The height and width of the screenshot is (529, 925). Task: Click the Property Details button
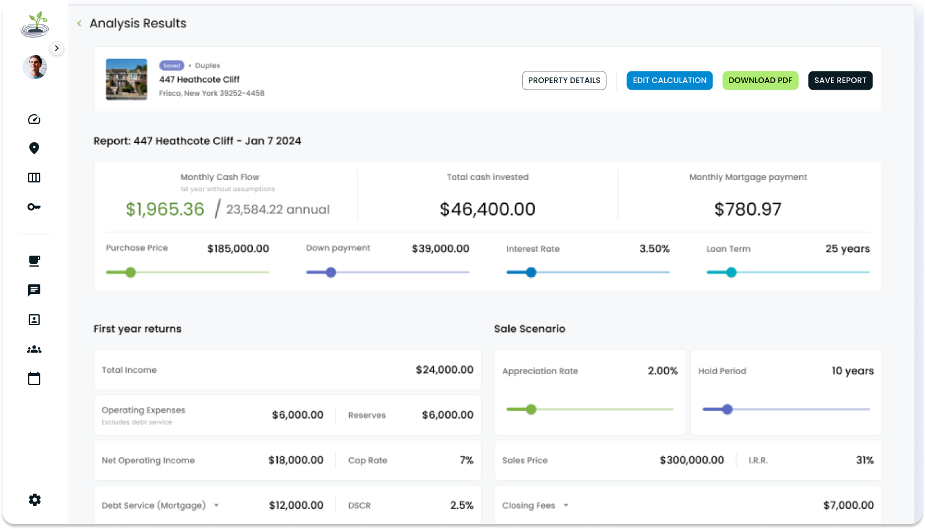(x=564, y=81)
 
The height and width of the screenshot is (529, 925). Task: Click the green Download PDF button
(x=760, y=81)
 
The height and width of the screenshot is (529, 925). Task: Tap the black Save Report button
(x=840, y=81)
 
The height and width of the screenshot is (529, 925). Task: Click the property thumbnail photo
(x=126, y=79)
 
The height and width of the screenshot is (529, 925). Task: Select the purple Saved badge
(x=172, y=66)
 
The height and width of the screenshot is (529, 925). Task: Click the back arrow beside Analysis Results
(x=79, y=24)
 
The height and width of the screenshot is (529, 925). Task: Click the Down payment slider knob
(x=331, y=273)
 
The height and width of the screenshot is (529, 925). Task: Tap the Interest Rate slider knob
(x=531, y=273)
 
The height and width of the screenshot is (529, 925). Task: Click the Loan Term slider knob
(x=731, y=273)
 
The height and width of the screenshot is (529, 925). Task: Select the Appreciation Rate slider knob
(x=531, y=409)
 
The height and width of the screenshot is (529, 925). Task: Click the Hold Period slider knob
(x=727, y=409)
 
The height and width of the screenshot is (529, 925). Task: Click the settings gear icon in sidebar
(x=35, y=500)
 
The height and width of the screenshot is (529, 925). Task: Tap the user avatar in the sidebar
(x=35, y=67)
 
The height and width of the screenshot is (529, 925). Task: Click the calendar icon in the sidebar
(x=34, y=379)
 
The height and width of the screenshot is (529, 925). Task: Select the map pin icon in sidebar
(x=34, y=148)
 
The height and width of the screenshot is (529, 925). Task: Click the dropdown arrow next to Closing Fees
(x=566, y=506)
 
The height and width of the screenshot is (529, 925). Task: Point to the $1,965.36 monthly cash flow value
(x=165, y=209)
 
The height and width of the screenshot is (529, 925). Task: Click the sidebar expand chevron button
(x=57, y=48)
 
